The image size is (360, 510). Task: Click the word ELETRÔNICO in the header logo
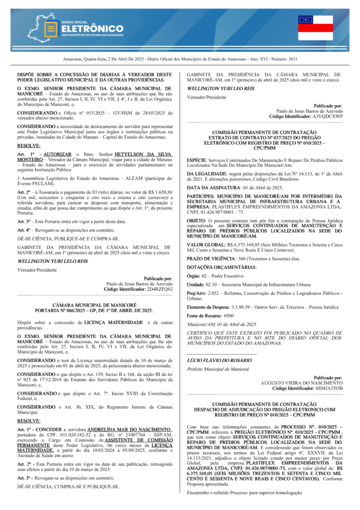coord(92,29)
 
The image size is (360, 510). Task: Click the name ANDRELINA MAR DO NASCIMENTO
coord(129,429)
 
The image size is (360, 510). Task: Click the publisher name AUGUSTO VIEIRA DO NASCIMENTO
coord(302,382)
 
